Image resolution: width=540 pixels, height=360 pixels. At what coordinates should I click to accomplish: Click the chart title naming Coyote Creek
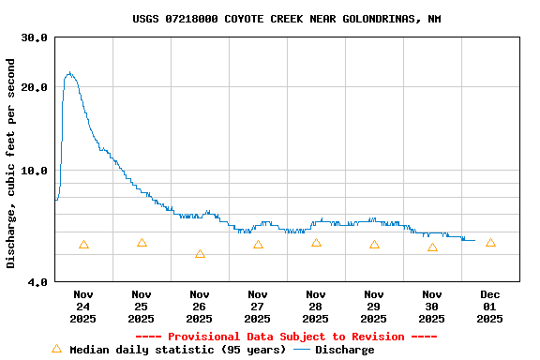click(287, 19)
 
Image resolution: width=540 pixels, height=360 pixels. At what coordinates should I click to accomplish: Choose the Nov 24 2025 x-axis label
click(83, 307)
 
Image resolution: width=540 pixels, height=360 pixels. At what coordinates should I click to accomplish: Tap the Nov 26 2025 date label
click(200, 307)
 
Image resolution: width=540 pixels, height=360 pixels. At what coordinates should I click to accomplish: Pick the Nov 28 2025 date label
click(316, 307)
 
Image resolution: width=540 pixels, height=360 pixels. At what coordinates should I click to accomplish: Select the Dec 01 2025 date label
click(490, 307)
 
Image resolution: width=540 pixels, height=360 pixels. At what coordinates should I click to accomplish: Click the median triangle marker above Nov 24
click(83, 245)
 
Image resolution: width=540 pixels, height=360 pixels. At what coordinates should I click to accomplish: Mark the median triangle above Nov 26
click(200, 254)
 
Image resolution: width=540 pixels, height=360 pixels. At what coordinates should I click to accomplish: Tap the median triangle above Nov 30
click(432, 247)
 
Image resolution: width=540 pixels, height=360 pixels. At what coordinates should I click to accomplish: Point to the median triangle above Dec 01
click(490, 243)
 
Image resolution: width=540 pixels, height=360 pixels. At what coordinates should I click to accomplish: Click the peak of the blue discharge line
click(68, 72)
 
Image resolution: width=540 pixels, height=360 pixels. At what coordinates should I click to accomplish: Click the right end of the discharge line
click(474, 240)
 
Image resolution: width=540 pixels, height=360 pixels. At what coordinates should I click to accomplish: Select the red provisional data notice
click(287, 337)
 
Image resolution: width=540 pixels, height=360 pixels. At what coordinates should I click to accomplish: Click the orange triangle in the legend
click(56, 349)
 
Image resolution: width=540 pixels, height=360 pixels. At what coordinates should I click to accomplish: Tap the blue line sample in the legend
click(302, 350)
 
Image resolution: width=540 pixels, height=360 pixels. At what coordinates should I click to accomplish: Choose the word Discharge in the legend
click(344, 350)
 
